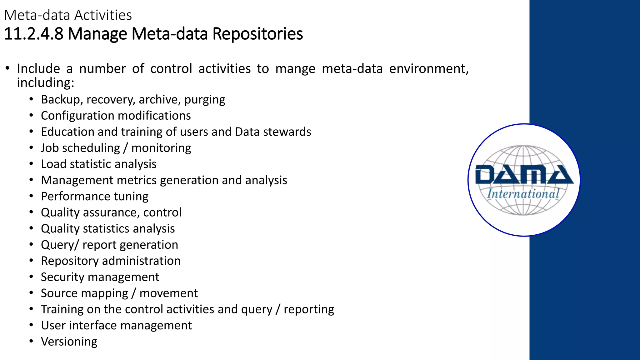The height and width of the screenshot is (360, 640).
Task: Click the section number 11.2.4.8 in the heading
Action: (33, 34)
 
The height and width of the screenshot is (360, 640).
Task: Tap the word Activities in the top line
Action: (103, 15)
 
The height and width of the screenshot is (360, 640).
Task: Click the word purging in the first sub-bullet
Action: (205, 100)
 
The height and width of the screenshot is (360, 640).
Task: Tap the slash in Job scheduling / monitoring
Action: (125, 148)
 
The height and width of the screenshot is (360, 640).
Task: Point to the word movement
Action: (168, 293)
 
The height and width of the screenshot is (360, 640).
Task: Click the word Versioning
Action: (69, 342)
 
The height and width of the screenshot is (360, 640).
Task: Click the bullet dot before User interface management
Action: (31, 325)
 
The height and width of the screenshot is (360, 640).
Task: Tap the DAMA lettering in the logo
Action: (524, 175)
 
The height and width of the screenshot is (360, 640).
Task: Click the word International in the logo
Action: (523, 194)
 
